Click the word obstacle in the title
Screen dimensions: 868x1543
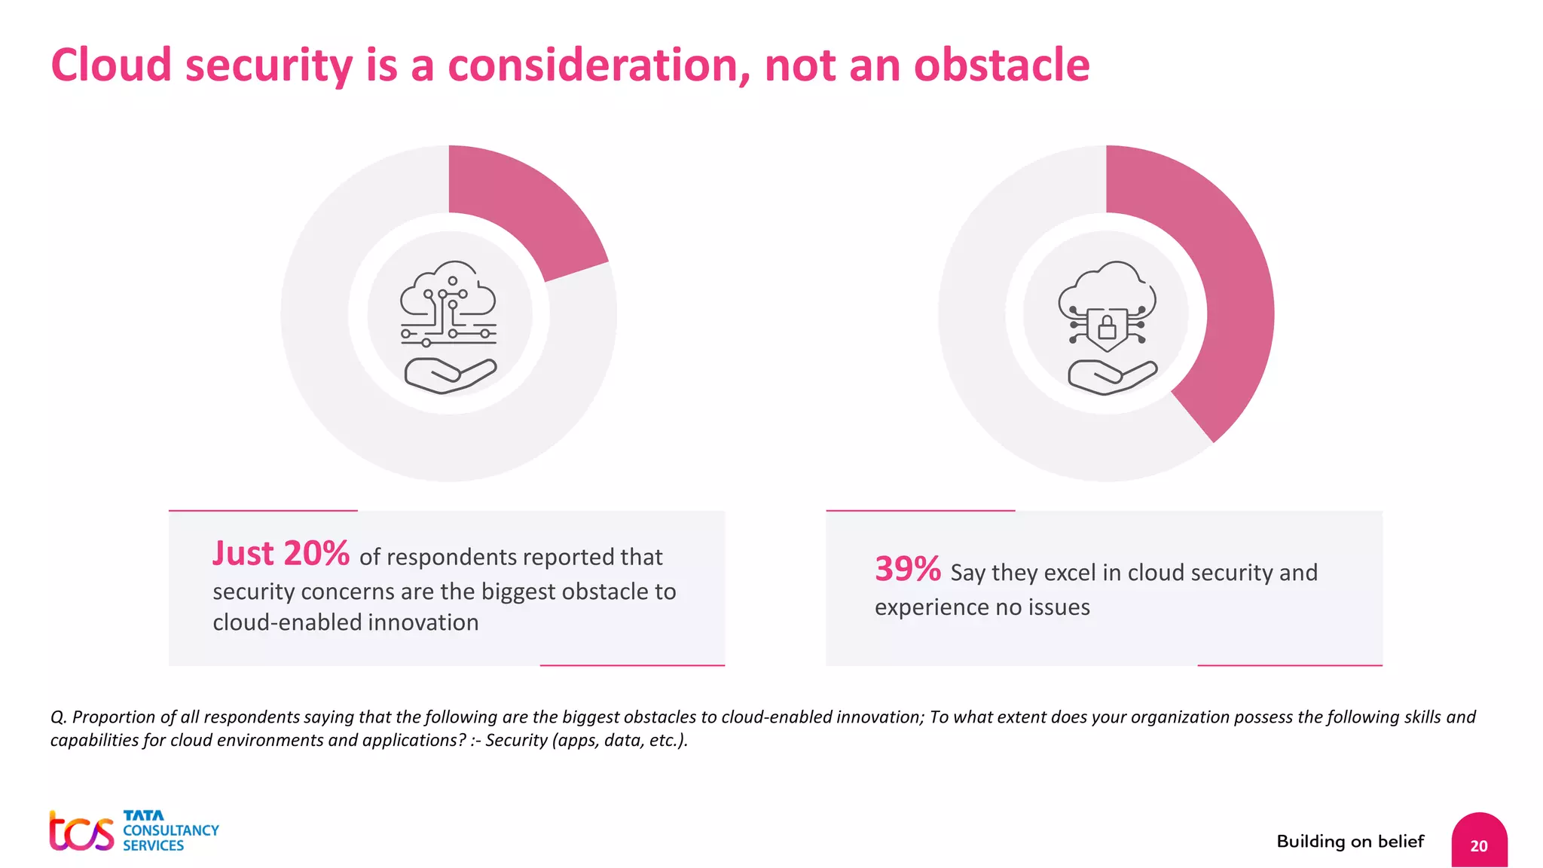(x=1001, y=66)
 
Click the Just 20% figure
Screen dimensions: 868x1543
(x=280, y=554)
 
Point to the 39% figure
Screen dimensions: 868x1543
(x=907, y=570)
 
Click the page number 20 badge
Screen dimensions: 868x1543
(x=1479, y=844)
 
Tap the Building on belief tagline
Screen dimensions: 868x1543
(x=1350, y=842)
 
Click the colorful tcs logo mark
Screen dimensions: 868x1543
(x=81, y=832)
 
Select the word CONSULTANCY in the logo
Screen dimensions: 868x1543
(x=171, y=830)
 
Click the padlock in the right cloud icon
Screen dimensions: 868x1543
(x=1107, y=328)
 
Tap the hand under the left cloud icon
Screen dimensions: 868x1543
(x=451, y=375)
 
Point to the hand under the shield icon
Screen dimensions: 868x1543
(x=1112, y=377)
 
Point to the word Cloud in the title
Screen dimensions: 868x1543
(x=111, y=66)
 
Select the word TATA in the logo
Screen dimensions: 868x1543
(x=143, y=815)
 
